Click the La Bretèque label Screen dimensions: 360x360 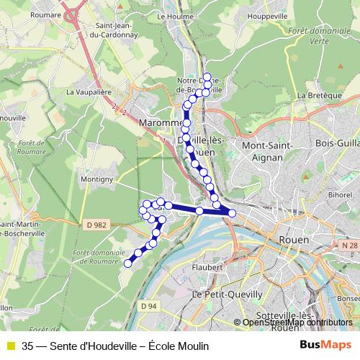click(x=314, y=95)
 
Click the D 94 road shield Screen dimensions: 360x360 click(x=148, y=306)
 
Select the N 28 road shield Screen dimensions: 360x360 click(x=350, y=246)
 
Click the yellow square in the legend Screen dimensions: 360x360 click(x=10, y=346)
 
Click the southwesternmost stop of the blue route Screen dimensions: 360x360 click(x=128, y=264)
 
